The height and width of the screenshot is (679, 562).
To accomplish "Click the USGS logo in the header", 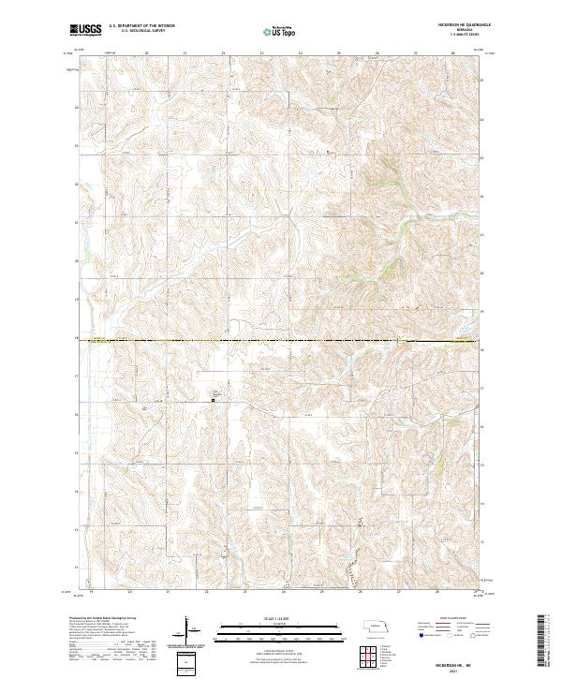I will pos(85,31).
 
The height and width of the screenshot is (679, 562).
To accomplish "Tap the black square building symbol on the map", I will pos(213,401).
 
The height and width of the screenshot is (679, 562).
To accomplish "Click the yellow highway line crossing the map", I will pos(281,340).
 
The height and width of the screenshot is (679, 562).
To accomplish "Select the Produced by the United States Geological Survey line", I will pos(103,619).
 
